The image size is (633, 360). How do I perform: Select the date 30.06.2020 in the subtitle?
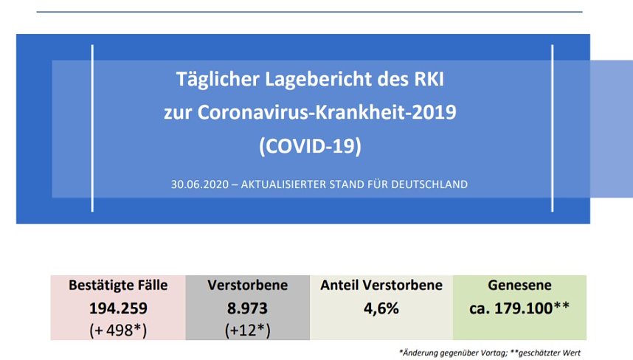[193, 184]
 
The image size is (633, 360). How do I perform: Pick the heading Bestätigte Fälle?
[118, 285]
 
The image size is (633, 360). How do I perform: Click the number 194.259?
[118, 308]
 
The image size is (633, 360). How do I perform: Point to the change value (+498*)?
[118, 330]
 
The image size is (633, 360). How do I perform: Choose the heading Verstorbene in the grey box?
[248, 285]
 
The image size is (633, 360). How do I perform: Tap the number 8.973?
[248, 308]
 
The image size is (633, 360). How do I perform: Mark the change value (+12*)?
[248, 330]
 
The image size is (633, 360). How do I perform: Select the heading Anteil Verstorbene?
[381, 285]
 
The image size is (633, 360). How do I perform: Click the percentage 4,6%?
[381, 308]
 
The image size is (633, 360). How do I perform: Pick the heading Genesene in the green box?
[519, 285]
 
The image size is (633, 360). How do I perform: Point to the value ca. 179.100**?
[519, 308]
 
